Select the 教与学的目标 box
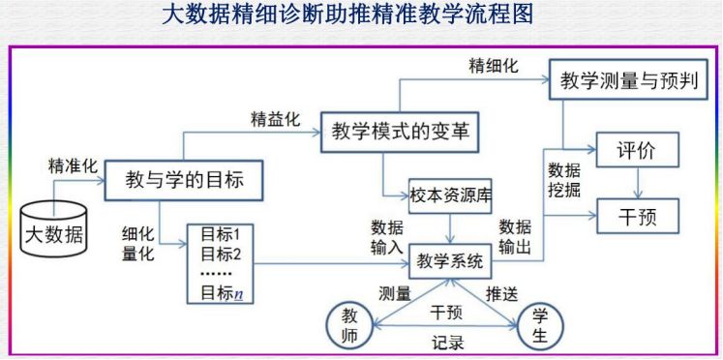pyautogui.click(x=184, y=180)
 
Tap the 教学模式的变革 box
pyautogui.click(x=400, y=133)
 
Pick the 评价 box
pyautogui.click(x=636, y=151)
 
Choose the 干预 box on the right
pyautogui.click(x=636, y=215)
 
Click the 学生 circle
pyautogui.click(x=540, y=324)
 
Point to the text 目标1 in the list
pyautogui.click(x=220, y=235)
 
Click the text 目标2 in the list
pyautogui.click(x=220, y=254)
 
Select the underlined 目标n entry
pyautogui.click(x=221, y=293)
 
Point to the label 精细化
pyautogui.click(x=494, y=66)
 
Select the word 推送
pyautogui.click(x=500, y=292)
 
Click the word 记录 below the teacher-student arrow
pyautogui.click(x=447, y=343)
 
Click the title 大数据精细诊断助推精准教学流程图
pyautogui.click(x=360, y=16)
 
